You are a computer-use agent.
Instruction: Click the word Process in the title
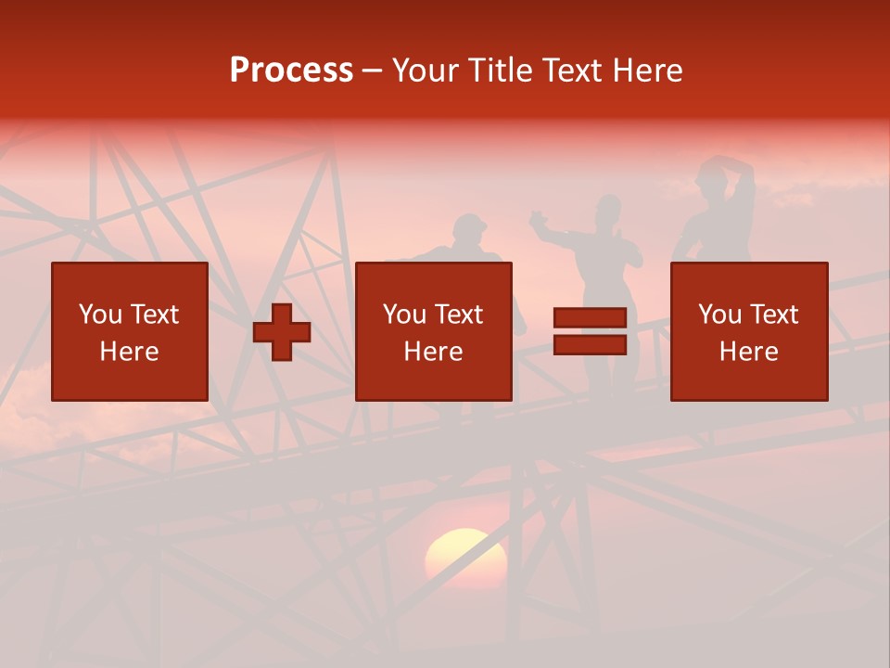(x=291, y=71)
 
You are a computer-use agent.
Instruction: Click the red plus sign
(x=282, y=331)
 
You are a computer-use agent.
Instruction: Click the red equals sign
(x=590, y=331)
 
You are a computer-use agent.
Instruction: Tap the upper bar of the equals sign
(x=590, y=318)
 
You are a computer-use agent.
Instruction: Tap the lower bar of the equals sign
(x=590, y=345)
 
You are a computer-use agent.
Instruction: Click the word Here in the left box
(x=130, y=352)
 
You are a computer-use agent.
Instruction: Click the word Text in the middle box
(x=458, y=315)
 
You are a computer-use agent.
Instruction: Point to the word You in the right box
(x=720, y=315)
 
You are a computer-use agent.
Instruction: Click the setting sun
(x=465, y=557)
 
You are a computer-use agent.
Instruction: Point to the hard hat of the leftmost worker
(x=469, y=225)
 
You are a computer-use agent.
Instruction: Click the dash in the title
(x=373, y=71)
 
